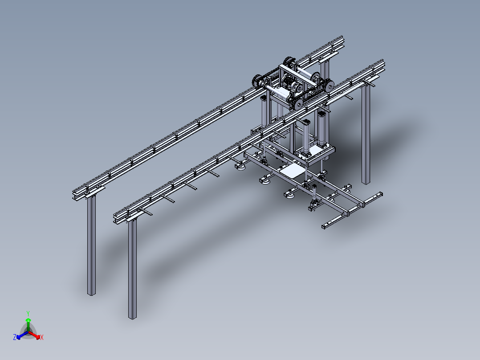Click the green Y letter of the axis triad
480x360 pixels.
pos(28,313)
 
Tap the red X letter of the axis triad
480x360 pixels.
pos(42,337)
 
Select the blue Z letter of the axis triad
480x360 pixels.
pos(15,337)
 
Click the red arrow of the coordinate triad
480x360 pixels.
pos(34,335)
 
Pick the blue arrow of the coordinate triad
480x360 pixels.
pos(22,335)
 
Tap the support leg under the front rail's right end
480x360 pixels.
pos(366,135)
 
